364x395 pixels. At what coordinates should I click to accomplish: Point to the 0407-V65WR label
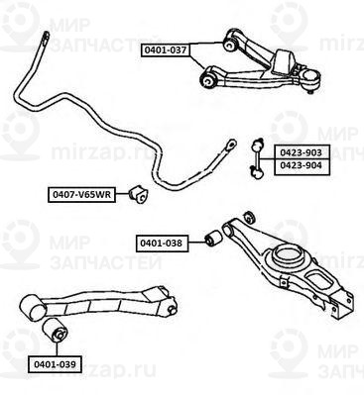(79, 194)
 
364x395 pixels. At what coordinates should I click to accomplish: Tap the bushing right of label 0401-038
(209, 238)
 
